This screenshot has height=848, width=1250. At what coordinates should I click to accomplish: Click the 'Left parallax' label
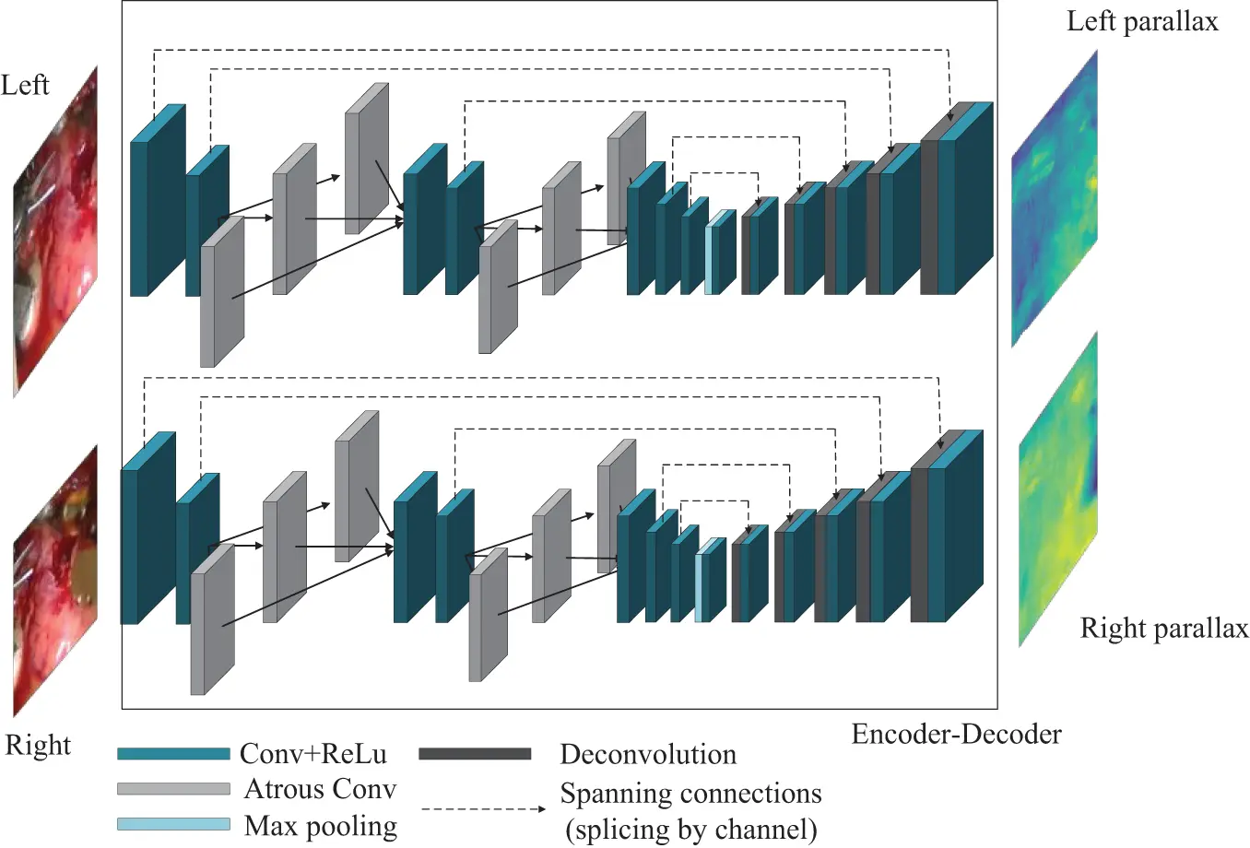(x=1142, y=21)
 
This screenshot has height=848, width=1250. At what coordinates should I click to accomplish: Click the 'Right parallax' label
(x=1163, y=629)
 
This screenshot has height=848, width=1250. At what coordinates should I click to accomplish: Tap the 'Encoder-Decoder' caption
(x=956, y=735)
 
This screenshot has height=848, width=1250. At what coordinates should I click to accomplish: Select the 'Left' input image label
(x=25, y=86)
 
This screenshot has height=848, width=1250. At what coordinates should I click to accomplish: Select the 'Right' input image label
(x=38, y=745)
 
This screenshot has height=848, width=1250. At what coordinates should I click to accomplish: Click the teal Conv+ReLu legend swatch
(x=173, y=754)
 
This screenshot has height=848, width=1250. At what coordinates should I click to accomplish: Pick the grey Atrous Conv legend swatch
(x=173, y=789)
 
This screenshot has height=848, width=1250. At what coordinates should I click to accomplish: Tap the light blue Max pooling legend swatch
(x=173, y=824)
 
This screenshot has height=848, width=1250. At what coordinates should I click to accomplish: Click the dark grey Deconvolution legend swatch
(x=475, y=754)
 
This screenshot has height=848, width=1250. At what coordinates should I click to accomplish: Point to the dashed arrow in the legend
(x=483, y=809)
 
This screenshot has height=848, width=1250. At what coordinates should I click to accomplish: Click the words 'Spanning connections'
(x=690, y=794)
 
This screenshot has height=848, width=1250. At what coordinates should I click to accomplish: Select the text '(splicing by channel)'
(x=690, y=829)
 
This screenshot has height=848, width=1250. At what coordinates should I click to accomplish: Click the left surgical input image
(x=55, y=230)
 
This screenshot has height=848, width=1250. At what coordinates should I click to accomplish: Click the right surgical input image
(x=55, y=581)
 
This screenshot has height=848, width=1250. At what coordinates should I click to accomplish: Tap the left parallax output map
(x=1055, y=198)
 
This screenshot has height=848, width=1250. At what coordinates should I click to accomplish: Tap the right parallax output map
(x=1058, y=489)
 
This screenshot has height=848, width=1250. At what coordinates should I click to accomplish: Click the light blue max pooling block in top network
(x=712, y=258)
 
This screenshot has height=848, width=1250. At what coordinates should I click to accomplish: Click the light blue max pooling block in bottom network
(x=702, y=585)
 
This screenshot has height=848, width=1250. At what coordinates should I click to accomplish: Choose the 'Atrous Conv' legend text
(x=320, y=789)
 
